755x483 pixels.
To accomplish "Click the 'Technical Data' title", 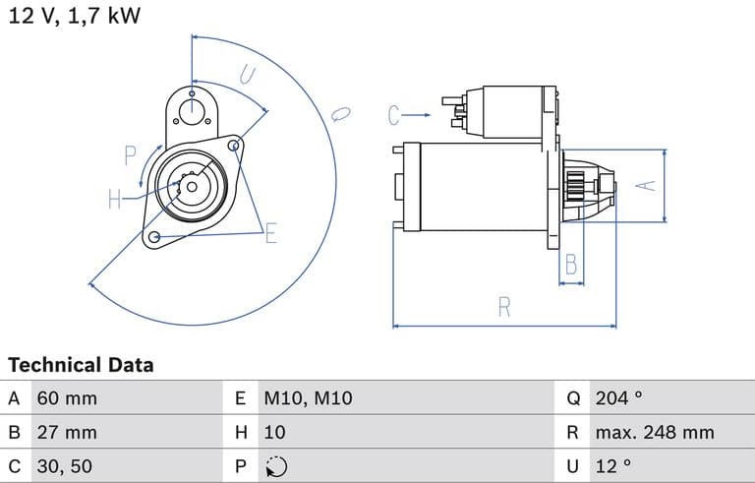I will [81, 365].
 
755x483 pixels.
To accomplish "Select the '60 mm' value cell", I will [67, 399].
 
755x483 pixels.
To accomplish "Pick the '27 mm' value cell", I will [67, 432].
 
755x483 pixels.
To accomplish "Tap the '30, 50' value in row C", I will [66, 465].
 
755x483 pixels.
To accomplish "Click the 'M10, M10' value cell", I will [308, 399].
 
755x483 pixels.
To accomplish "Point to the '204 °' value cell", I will [618, 399].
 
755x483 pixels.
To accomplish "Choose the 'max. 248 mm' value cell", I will [655, 432].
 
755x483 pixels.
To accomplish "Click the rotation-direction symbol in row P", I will [275, 466].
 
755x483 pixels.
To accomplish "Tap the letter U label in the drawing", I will [247, 75].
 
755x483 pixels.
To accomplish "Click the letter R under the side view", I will [504, 307].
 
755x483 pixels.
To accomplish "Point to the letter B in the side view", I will [571, 264].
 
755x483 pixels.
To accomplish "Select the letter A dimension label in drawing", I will [646, 185].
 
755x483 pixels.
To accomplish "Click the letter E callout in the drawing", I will [271, 232].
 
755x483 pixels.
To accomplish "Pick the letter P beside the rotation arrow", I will [130, 154].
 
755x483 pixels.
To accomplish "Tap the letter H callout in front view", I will [115, 200].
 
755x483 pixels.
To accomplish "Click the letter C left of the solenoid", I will [394, 116].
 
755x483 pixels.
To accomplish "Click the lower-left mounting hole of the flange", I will [153, 237].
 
